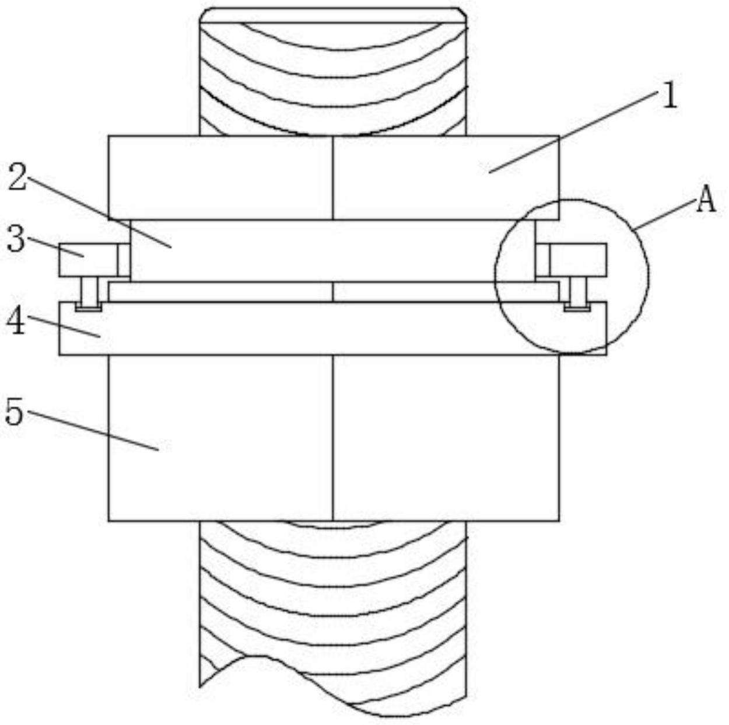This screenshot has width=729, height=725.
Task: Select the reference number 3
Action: (16, 238)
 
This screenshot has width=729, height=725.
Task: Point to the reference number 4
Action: (16, 320)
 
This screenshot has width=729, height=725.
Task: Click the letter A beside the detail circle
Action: (706, 200)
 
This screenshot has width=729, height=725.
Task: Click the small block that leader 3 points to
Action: (88, 260)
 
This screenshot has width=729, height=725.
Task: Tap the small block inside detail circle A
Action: (578, 260)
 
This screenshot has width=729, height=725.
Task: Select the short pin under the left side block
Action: (89, 290)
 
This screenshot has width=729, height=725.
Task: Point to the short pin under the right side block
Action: (577, 290)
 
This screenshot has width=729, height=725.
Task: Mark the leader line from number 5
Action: (93, 431)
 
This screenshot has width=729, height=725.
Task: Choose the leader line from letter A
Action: (666, 215)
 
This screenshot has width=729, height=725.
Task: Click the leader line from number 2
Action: (99, 212)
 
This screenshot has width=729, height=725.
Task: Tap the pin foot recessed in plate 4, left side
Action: (89, 307)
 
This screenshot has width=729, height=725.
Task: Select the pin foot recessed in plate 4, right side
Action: (577, 307)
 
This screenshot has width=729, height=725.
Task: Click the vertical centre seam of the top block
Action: (333, 177)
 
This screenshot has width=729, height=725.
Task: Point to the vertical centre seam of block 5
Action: (333, 438)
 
